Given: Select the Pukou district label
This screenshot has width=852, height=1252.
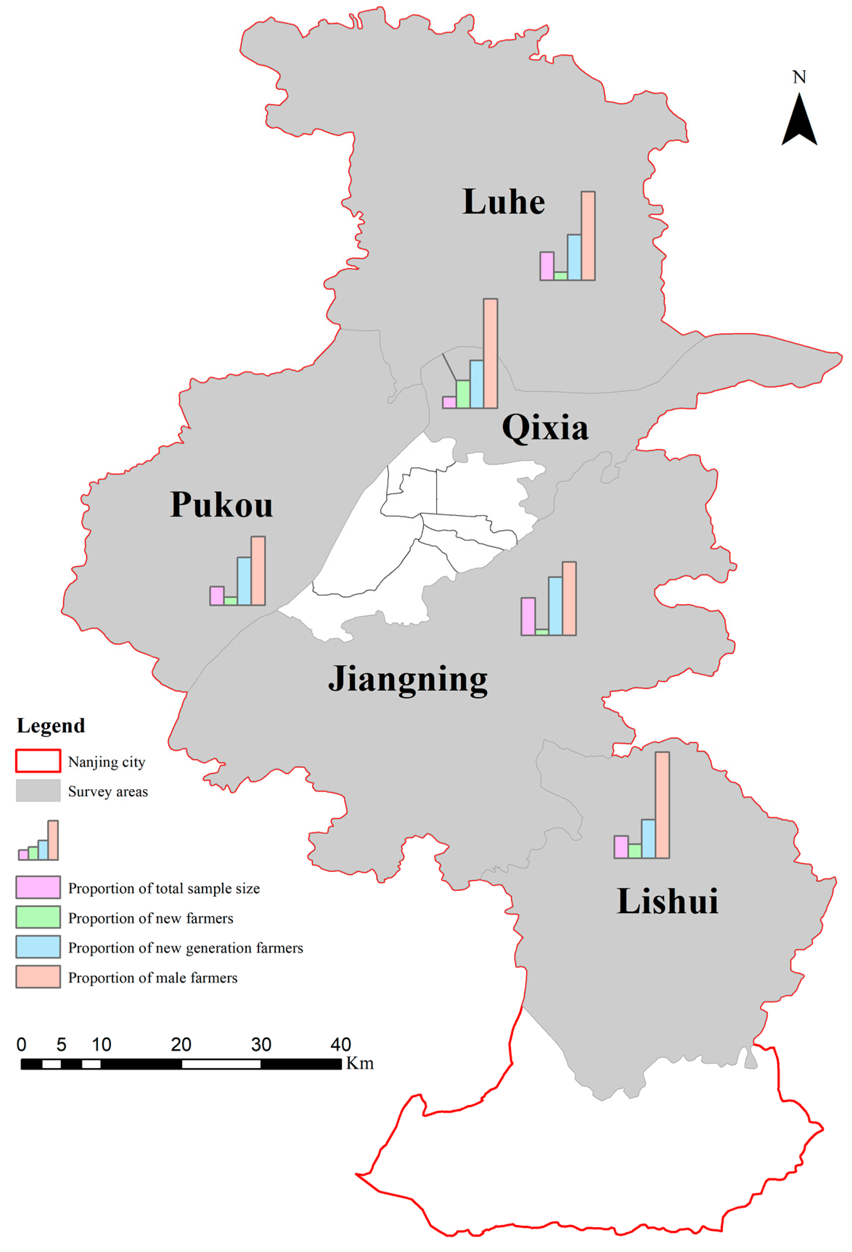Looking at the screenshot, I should point(221,505).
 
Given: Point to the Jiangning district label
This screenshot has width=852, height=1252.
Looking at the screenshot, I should point(408,679).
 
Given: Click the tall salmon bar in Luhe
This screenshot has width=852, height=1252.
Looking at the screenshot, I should point(587,236).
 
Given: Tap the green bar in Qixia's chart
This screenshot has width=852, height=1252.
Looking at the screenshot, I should point(463,394).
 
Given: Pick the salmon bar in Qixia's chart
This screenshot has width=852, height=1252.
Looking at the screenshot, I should point(490,353).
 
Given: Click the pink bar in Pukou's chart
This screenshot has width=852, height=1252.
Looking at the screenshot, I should point(217,596).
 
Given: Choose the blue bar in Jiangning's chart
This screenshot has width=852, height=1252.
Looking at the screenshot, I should point(555,606).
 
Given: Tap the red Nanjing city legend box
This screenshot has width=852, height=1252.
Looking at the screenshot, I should point(38,761).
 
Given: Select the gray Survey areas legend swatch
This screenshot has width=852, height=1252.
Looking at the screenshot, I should point(38,790).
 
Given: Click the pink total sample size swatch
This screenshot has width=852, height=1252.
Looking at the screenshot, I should point(38,887).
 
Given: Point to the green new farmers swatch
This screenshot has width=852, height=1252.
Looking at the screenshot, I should point(38,917).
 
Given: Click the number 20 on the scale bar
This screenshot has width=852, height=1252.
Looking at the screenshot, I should point(181,1045).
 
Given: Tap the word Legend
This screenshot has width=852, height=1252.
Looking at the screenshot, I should point(51,726).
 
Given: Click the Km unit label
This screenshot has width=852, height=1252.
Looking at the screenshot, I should point(360,1063).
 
